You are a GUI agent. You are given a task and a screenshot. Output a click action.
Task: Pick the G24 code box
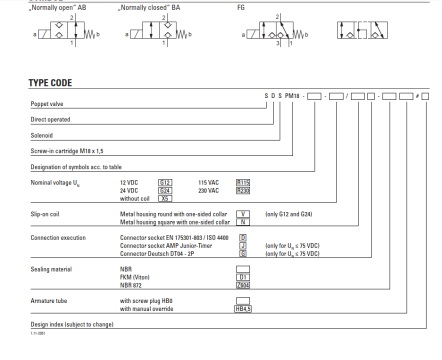166,190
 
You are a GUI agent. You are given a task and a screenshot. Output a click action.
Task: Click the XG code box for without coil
166,198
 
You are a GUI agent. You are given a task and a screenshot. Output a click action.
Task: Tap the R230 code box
241,190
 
